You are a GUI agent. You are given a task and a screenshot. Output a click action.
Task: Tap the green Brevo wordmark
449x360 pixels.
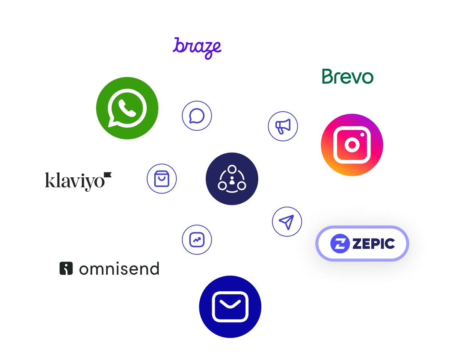point(348,77)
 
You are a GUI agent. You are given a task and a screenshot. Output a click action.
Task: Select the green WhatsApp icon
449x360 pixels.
point(127,108)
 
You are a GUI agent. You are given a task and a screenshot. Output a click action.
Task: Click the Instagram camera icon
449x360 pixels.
point(352,145)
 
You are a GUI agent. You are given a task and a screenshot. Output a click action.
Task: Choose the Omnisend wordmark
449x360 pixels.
point(119,269)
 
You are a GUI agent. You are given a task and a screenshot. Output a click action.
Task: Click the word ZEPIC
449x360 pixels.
point(373,244)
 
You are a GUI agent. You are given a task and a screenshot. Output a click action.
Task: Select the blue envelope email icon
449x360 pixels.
point(230,307)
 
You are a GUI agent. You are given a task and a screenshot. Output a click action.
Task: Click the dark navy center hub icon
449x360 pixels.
point(232,179)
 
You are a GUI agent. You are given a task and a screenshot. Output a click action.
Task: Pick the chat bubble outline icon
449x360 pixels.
point(197,116)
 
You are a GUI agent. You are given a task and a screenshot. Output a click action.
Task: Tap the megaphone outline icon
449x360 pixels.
point(283,126)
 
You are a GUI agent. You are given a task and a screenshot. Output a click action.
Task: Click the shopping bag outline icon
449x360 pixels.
point(161,179)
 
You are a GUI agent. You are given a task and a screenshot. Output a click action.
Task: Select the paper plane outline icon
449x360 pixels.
point(287,222)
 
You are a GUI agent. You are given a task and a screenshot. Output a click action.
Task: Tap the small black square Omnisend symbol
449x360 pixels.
point(66,268)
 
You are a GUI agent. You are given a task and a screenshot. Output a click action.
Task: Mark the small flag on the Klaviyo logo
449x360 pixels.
point(108,175)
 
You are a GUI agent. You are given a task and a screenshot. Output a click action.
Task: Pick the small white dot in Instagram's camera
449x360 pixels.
point(363,134)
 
